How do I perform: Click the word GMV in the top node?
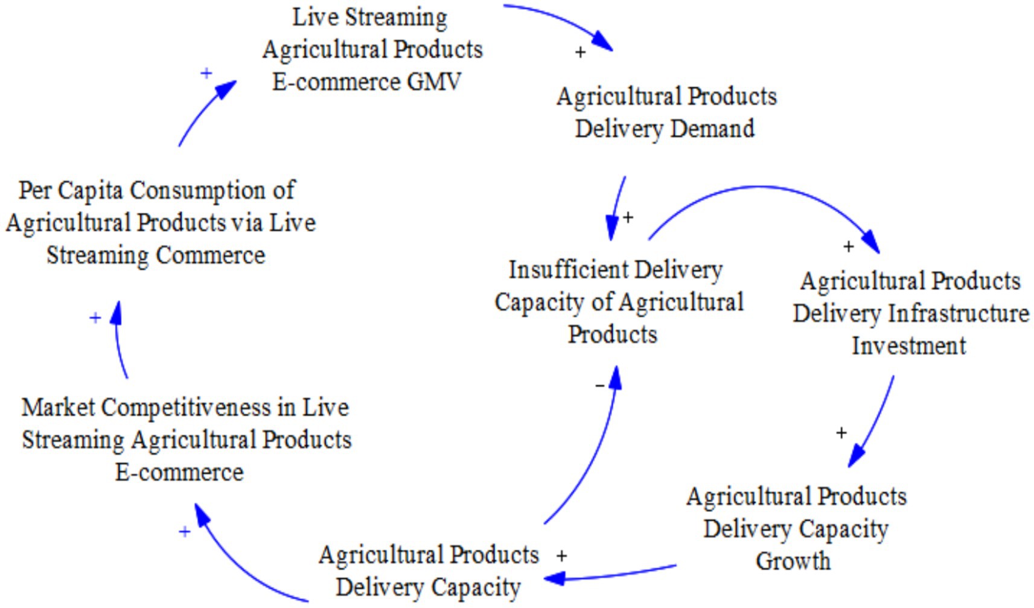pos(434,82)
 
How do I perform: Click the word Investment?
pos(908,346)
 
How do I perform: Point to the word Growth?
pos(793,561)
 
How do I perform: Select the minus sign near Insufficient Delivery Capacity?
pos(599,385)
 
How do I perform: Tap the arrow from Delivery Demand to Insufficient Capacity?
pos(617,205)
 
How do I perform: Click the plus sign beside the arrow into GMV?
pos(206,73)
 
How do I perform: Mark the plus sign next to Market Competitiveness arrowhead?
pos(185,531)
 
